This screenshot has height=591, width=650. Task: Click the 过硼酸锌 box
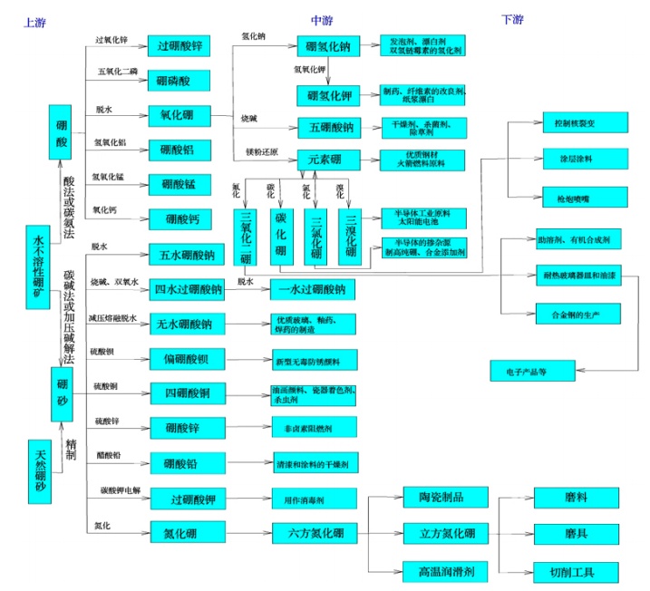click(179, 45)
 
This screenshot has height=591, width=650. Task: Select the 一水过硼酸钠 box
click(312, 289)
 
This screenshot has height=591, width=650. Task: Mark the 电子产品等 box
click(530, 371)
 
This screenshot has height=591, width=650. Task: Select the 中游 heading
click(322, 19)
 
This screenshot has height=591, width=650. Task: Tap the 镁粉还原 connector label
click(259, 150)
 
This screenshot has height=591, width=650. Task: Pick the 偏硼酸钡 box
click(188, 360)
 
